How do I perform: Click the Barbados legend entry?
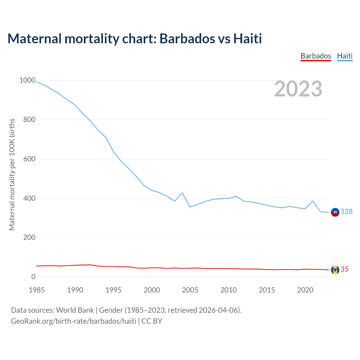tap(316, 56)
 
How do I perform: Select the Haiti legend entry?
tap(345, 56)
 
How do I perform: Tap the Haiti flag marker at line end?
tap(335, 212)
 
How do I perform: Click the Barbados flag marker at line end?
tap(335, 270)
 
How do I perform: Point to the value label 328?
tap(346, 211)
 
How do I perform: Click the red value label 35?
tap(345, 269)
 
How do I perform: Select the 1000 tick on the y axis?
tap(27, 80)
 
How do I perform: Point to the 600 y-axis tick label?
tap(29, 159)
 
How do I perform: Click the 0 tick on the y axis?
tap(33, 277)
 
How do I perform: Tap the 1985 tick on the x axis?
tap(37, 290)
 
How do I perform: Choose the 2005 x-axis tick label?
tap(190, 290)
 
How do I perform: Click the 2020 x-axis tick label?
tap(305, 290)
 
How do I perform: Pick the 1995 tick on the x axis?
tap(113, 290)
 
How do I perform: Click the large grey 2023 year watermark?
tap(298, 89)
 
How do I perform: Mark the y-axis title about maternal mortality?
tap(12, 174)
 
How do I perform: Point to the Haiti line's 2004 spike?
tap(182, 193)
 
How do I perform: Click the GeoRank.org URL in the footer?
tap(74, 321)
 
